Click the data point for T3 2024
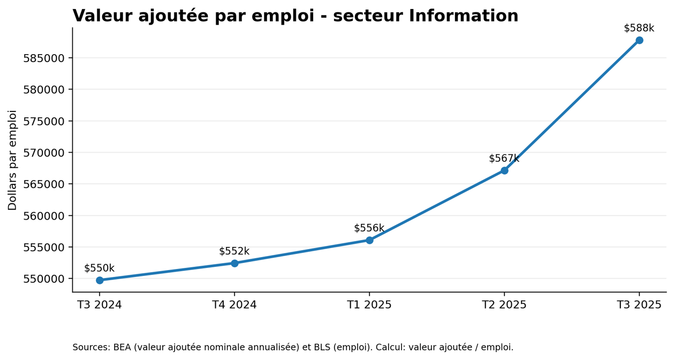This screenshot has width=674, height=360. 100,281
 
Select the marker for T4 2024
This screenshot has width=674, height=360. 234,264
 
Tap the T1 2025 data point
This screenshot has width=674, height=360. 369,240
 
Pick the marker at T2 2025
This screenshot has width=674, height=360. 505,171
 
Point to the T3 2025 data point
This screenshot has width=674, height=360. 639,40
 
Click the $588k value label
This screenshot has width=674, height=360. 639,28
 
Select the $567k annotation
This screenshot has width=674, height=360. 504,159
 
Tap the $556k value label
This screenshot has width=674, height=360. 369,228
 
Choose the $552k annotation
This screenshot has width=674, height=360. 234,251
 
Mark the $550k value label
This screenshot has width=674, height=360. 99,268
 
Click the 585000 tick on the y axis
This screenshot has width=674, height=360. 44,58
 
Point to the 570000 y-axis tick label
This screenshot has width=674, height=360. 44,153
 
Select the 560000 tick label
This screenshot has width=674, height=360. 44,216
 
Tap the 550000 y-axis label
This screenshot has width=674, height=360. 44,279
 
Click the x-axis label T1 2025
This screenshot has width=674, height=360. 369,305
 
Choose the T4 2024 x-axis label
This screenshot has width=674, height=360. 234,305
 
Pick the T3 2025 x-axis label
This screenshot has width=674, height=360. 639,305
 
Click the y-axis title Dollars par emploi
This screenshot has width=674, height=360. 12,160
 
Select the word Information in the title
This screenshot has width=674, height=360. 464,16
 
